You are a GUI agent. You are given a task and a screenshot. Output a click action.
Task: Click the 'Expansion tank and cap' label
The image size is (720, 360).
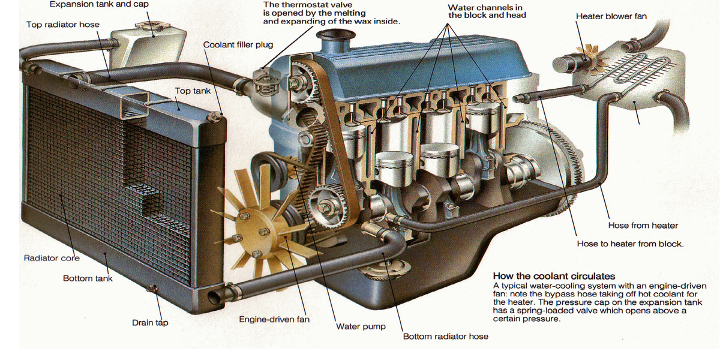coord(99,5)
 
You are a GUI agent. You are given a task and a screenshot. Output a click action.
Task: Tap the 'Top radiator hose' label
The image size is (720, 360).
coord(63,25)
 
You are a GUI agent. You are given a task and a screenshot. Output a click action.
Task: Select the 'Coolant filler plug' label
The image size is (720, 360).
coord(238,44)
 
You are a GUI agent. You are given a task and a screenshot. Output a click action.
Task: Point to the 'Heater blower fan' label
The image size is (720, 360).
coord(611,16)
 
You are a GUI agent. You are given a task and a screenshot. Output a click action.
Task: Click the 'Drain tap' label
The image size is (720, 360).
coord(150,322)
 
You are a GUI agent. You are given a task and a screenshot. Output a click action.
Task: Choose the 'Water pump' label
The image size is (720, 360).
coord(361,326)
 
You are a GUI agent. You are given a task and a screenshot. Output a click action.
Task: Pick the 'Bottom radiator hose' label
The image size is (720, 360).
coord(445,337)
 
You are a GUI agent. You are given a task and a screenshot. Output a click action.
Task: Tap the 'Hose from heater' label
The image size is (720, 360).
coord(643,226)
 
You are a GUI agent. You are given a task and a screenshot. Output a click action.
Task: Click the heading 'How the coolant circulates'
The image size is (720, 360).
coord(554,276)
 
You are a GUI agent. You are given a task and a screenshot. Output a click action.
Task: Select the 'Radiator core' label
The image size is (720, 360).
coord(52,258)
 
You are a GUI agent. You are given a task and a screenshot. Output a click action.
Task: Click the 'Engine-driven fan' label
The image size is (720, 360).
coord(274,319)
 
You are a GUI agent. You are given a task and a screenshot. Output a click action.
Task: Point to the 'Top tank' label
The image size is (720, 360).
coord(193,91)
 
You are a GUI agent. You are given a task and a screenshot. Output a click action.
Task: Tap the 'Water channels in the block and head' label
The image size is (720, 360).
coord(487,11)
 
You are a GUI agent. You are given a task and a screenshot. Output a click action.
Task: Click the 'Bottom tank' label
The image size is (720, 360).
coord(88,278)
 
